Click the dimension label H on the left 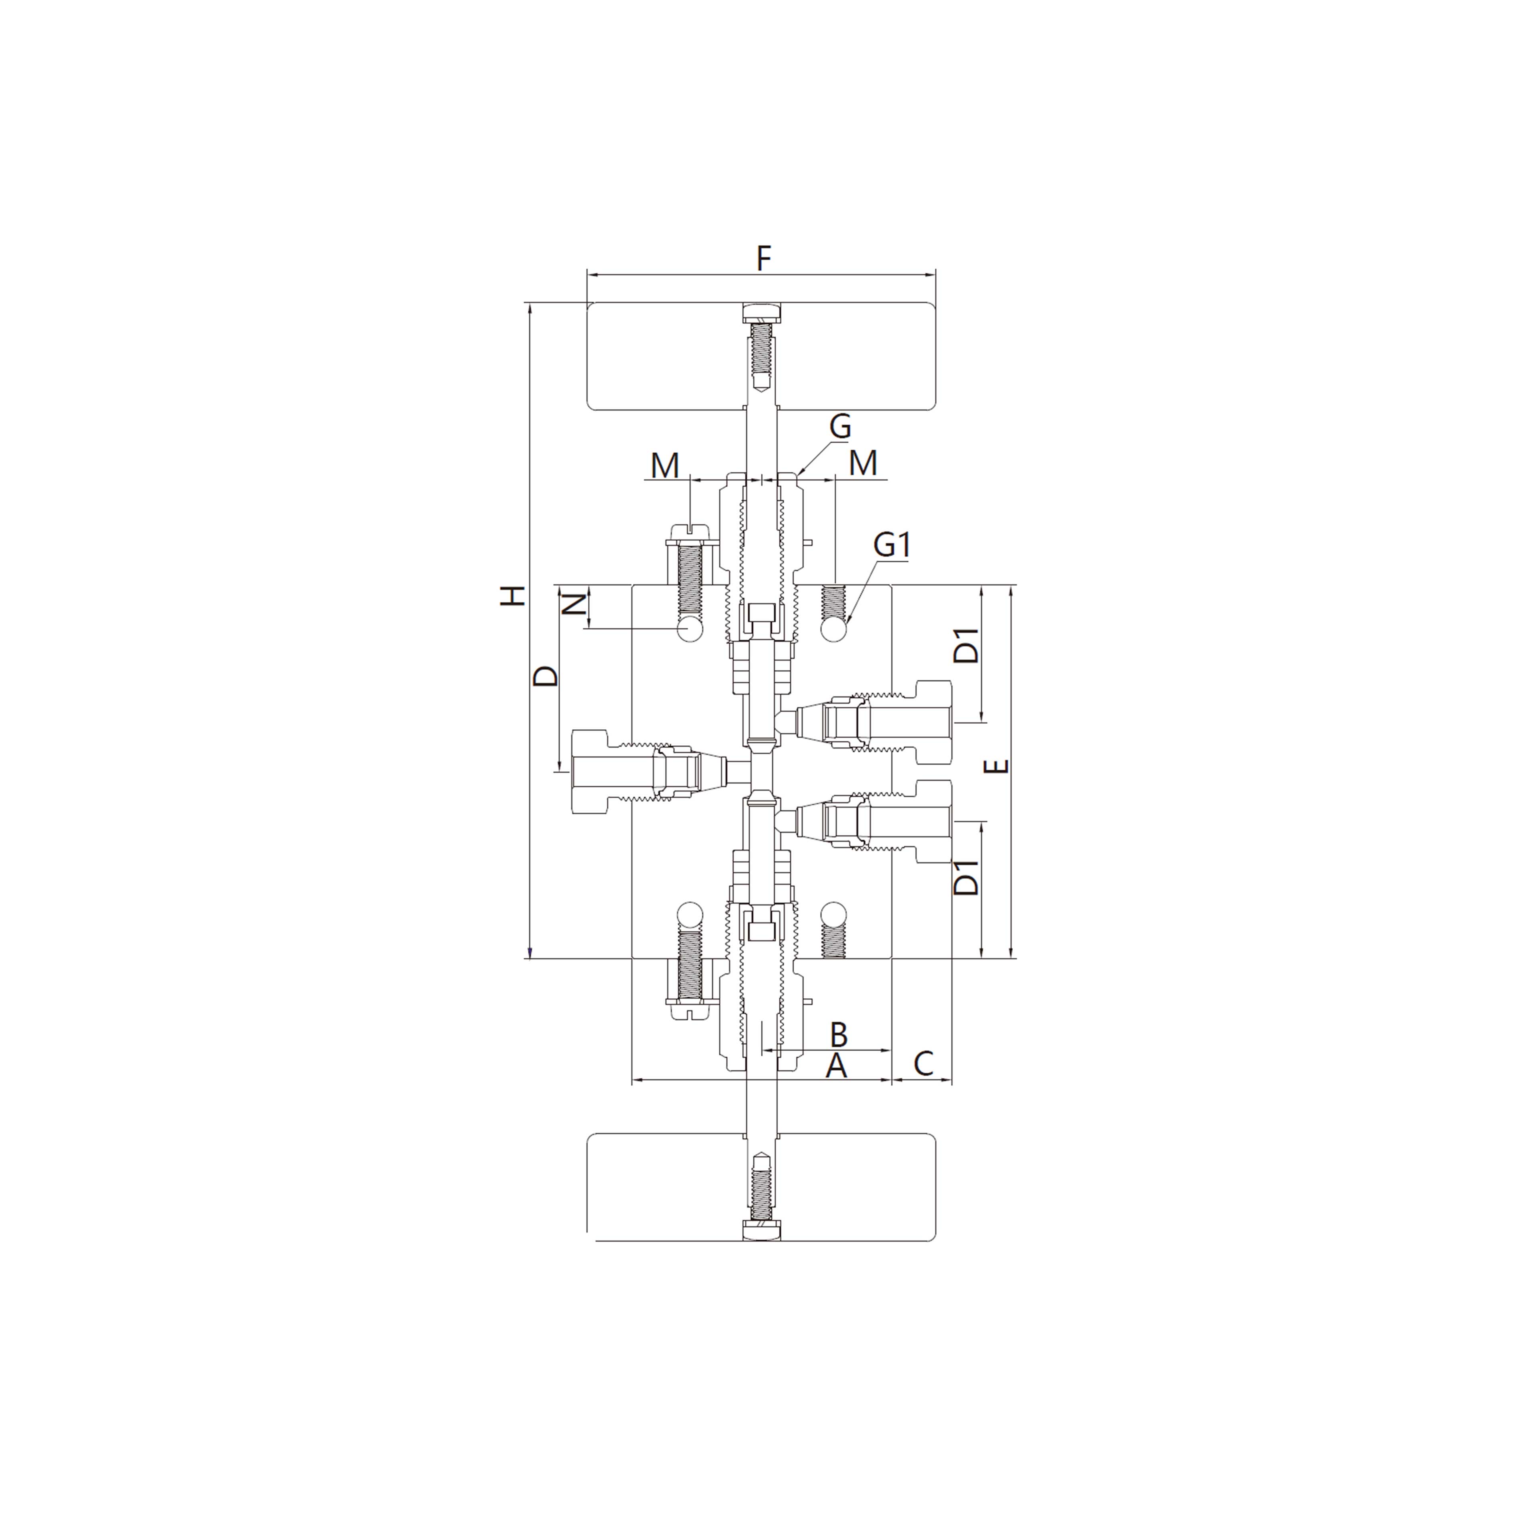tap(513, 596)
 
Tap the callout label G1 tap(892, 545)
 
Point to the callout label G tap(840, 427)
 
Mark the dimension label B tap(839, 1034)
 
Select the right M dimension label tap(864, 463)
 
